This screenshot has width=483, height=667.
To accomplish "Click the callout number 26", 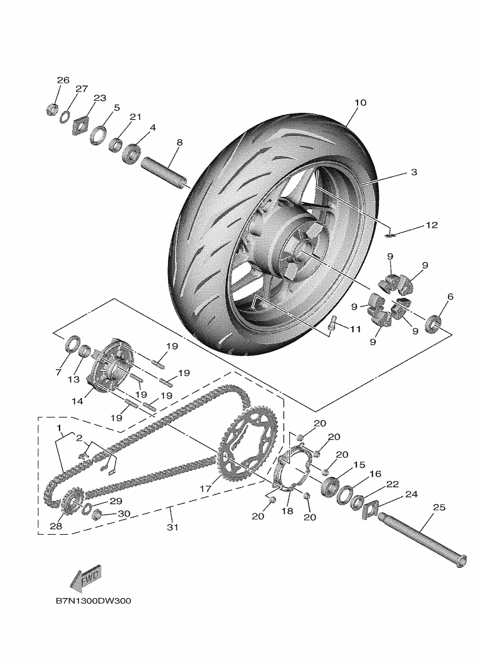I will point(63,80).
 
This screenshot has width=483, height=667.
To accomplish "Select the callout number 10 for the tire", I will point(359,102).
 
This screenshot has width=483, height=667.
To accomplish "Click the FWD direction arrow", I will point(86,577).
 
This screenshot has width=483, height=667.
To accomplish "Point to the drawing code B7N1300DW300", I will point(93,601).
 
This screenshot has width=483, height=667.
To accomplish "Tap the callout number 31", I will point(172,527).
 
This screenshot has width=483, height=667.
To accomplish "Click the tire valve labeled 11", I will point(332,323).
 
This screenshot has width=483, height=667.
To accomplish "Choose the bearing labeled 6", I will point(433,323).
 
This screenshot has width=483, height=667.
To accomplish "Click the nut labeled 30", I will point(98,515).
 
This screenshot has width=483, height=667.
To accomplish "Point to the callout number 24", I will point(411,494).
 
